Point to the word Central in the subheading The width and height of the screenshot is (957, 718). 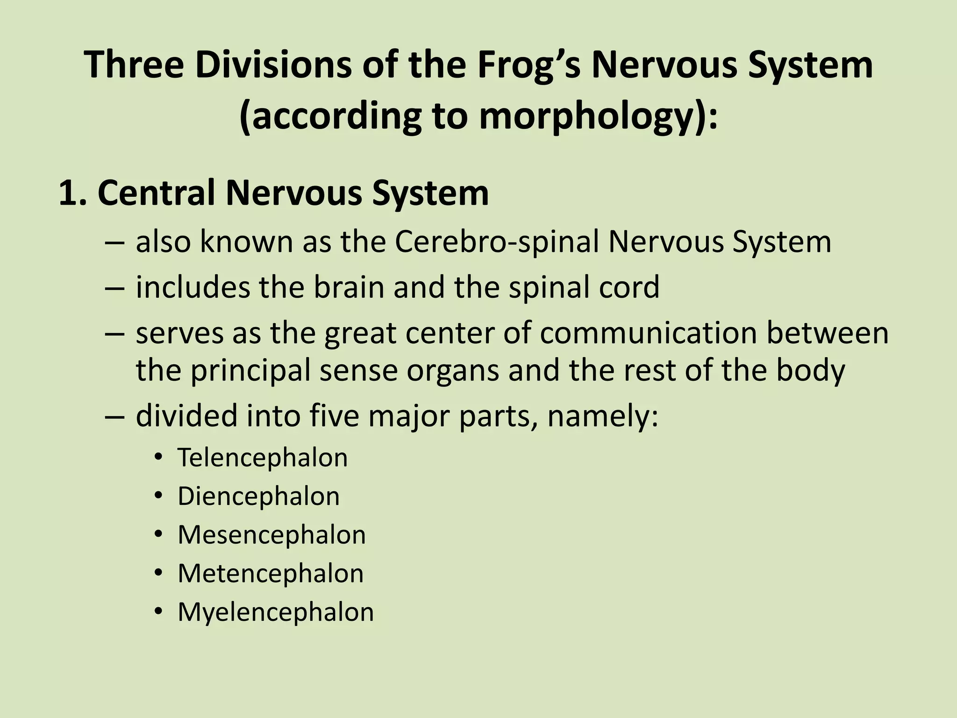tap(159, 193)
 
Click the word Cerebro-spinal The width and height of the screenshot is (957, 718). tap(497, 242)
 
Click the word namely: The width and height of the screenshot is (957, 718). tap(602, 416)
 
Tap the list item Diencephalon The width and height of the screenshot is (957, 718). tap(258, 496)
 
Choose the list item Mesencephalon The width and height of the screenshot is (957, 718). tap(271, 535)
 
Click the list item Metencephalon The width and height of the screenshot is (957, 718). tap(271, 574)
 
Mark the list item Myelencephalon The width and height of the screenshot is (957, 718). tap(276, 612)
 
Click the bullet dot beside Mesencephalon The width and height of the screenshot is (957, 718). tap(159, 534)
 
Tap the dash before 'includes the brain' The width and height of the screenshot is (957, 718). tap(115, 288)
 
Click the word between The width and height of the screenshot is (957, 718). tap(827, 333)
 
